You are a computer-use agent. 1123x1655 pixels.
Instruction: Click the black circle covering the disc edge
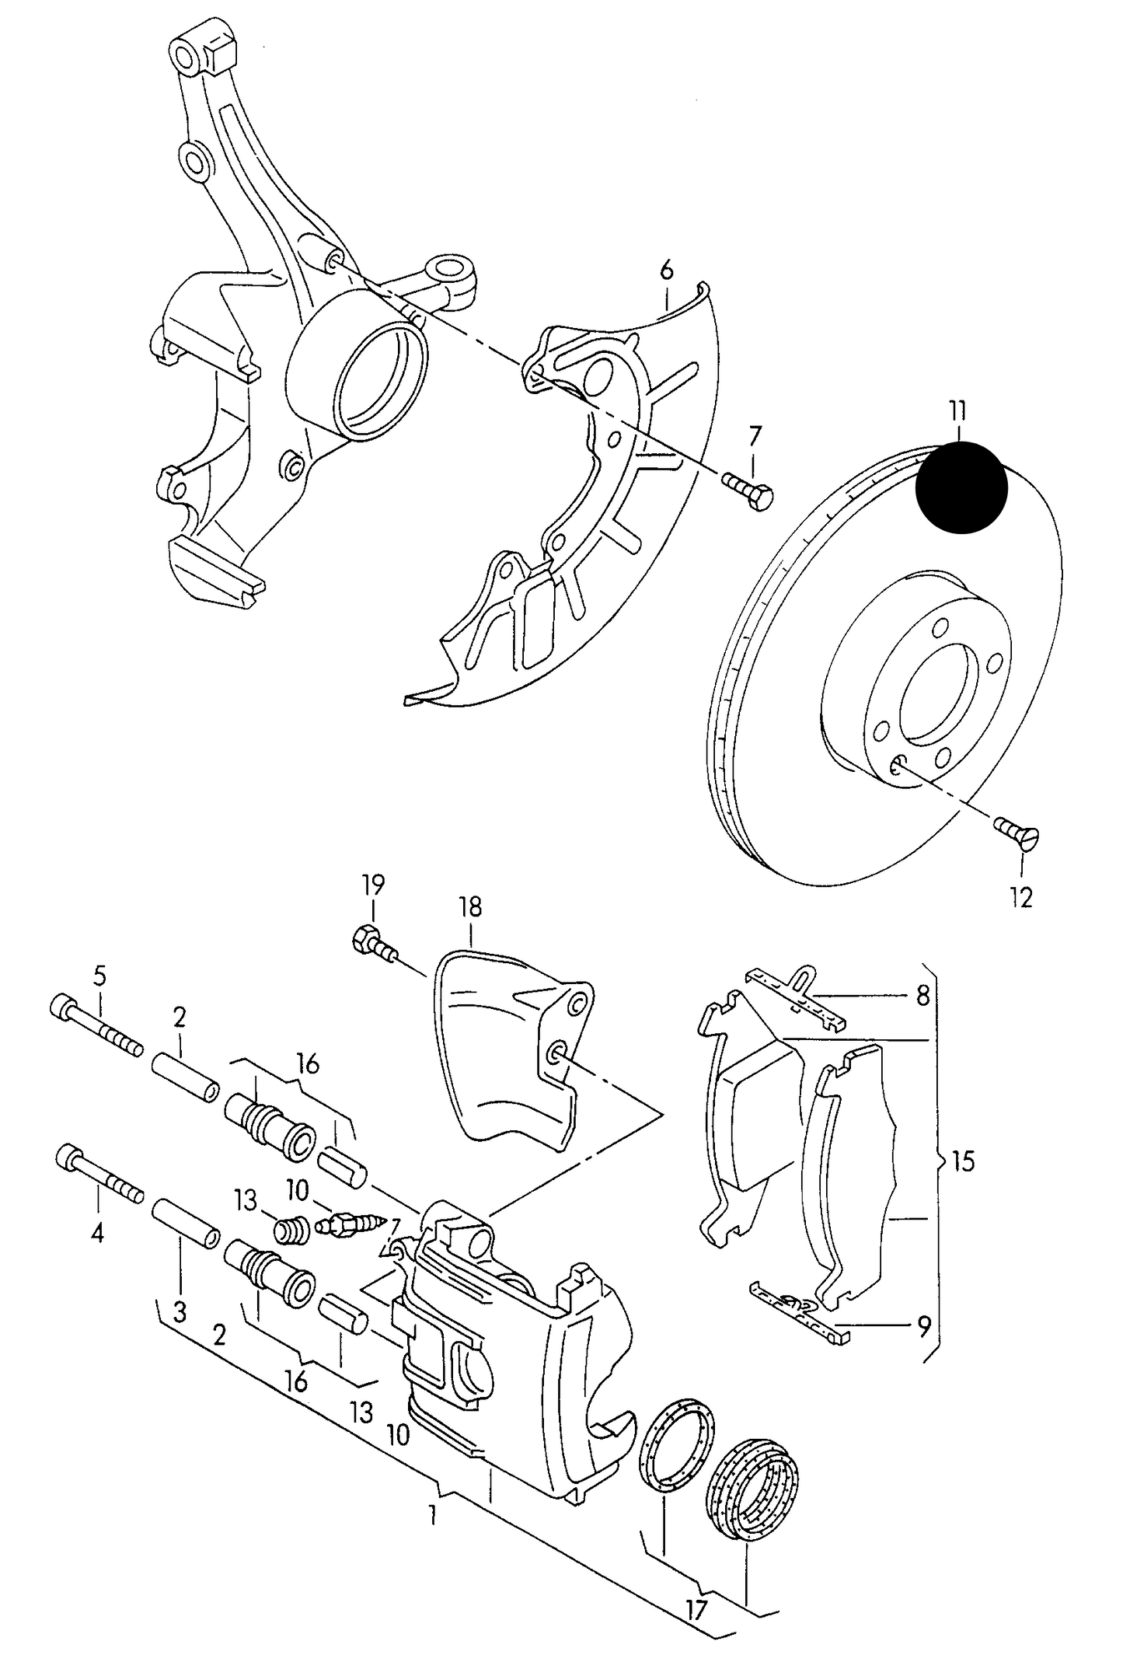[x=961, y=487]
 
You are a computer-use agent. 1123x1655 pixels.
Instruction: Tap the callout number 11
[x=957, y=410]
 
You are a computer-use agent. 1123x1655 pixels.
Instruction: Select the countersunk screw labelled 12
[x=1018, y=834]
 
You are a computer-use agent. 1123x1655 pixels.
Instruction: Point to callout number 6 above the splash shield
[x=666, y=271]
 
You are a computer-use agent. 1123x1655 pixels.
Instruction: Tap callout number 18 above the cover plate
[x=470, y=907]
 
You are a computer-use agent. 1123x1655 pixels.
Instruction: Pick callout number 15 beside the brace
[x=963, y=1161]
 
